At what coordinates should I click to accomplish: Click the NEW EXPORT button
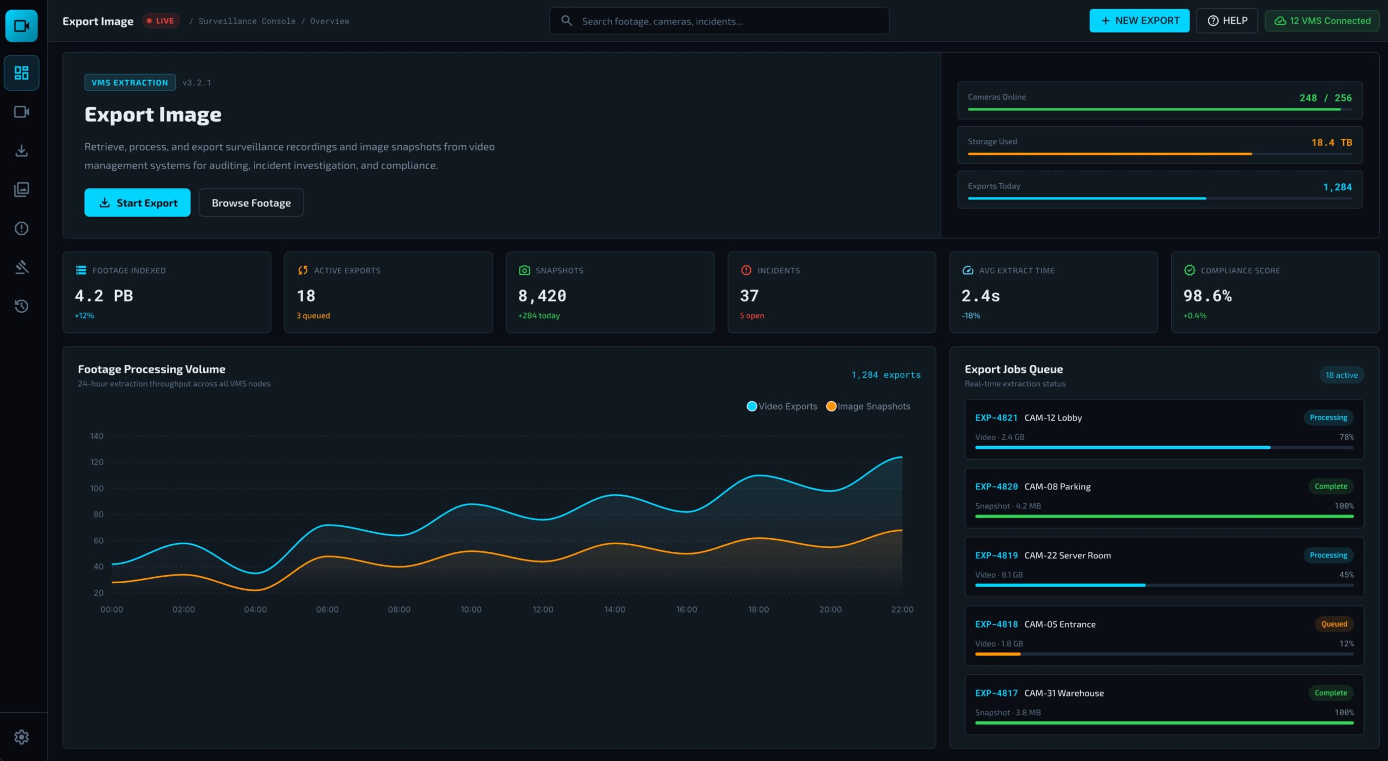pyautogui.click(x=1139, y=21)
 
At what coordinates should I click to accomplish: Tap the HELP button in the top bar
pyautogui.click(x=1227, y=21)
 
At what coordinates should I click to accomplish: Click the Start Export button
pyautogui.click(x=137, y=203)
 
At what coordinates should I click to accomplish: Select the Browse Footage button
pyautogui.click(x=251, y=203)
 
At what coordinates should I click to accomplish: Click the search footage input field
pyautogui.click(x=719, y=21)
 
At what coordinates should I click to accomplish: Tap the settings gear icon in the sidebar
pyautogui.click(x=22, y=737)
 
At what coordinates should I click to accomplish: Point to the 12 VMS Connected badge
pyautogui.click(x=1322, y=21)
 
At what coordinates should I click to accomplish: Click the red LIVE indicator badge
pyautogui.click(x=160, y=21)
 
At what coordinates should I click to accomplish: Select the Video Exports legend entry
pyautogui.click(x=782, y=407)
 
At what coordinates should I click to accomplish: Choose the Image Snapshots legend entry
pyautogui.click(x=868, y=407)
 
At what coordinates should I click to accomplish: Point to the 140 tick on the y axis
pyautogui.click(x=97, y=436)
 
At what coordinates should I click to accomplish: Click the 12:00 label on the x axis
pyautogui.click(x=543, y=610)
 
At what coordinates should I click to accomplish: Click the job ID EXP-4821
pyautogui.click(x=996, y=418)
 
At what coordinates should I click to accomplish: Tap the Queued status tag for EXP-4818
pyautogui.click(x=1334, y=624)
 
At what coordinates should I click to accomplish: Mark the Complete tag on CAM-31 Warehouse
pyautogui.click(x=1331, y=693)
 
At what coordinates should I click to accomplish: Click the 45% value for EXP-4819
pyautogui.click(x=1346, y=575)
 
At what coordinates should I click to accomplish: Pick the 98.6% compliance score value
pyautogui.click(x=1207, y=296)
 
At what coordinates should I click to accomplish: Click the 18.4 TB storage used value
pyautogui.click(x=1332, y=143)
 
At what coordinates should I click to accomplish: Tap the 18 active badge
pyautogui.click(x=1341, y=375)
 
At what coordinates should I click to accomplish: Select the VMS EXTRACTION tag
pyautogui.click(x=130, y=82)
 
